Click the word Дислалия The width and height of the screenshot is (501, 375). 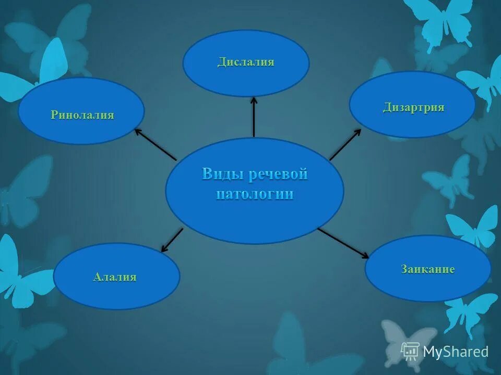246,63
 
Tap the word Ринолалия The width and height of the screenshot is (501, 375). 82,115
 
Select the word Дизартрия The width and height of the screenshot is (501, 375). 413,108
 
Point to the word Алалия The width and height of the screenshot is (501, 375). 115,277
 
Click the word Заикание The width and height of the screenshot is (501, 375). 428,269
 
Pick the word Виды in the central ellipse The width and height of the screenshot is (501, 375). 222,174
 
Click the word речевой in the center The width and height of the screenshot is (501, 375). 278,174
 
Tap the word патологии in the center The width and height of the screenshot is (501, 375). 255,194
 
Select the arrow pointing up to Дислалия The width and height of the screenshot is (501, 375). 254,117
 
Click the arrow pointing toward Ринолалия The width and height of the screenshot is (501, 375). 156,144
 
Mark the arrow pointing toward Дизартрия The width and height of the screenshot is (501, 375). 345,144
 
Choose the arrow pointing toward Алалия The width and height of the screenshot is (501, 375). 172,240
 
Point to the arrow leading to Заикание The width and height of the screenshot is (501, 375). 343,243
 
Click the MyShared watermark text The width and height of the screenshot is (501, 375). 455,352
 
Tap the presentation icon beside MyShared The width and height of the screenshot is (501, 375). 410,351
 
